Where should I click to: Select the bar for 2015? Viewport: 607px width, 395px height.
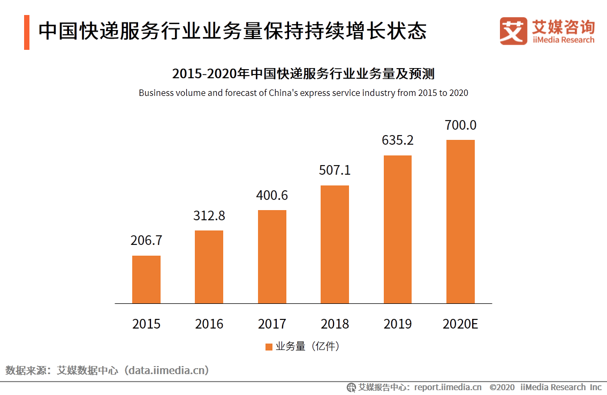click(x=146, y=279)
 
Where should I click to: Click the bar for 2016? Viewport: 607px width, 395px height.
click(x=209, y=267)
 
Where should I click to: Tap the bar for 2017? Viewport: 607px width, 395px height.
click(x=272, y=257)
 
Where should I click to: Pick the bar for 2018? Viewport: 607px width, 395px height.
click(x=335, y=244)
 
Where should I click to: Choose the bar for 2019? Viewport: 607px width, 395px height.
click(x=398, y=229)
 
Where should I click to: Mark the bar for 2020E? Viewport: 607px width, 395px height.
click(x=460, y=222)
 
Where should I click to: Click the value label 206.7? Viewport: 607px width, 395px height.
click(x=146, y=241)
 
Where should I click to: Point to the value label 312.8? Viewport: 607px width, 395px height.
click(x=209, y=215)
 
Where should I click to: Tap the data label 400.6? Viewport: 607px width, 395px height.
click(x=272, y=196)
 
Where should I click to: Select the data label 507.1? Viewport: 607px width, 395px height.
click(x=335, y=170)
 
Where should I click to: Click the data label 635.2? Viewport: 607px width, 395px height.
click(x=398, y=140)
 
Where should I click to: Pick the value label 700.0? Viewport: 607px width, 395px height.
click(x=460, y=125)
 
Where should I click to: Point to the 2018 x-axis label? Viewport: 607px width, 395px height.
click(x=335, y=324)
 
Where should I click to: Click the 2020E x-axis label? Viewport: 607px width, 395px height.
click(x=460, y=324)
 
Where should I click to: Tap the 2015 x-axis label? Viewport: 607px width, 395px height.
click(x=146, y=324)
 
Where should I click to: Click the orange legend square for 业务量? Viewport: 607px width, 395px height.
click(x=269, y=347)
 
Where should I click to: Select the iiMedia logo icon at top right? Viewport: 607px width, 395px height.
click(x=513, y=31)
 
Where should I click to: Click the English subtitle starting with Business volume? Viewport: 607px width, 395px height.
click(x=303, y=93)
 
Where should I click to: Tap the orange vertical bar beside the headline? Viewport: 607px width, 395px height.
click(x=26, y=32)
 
